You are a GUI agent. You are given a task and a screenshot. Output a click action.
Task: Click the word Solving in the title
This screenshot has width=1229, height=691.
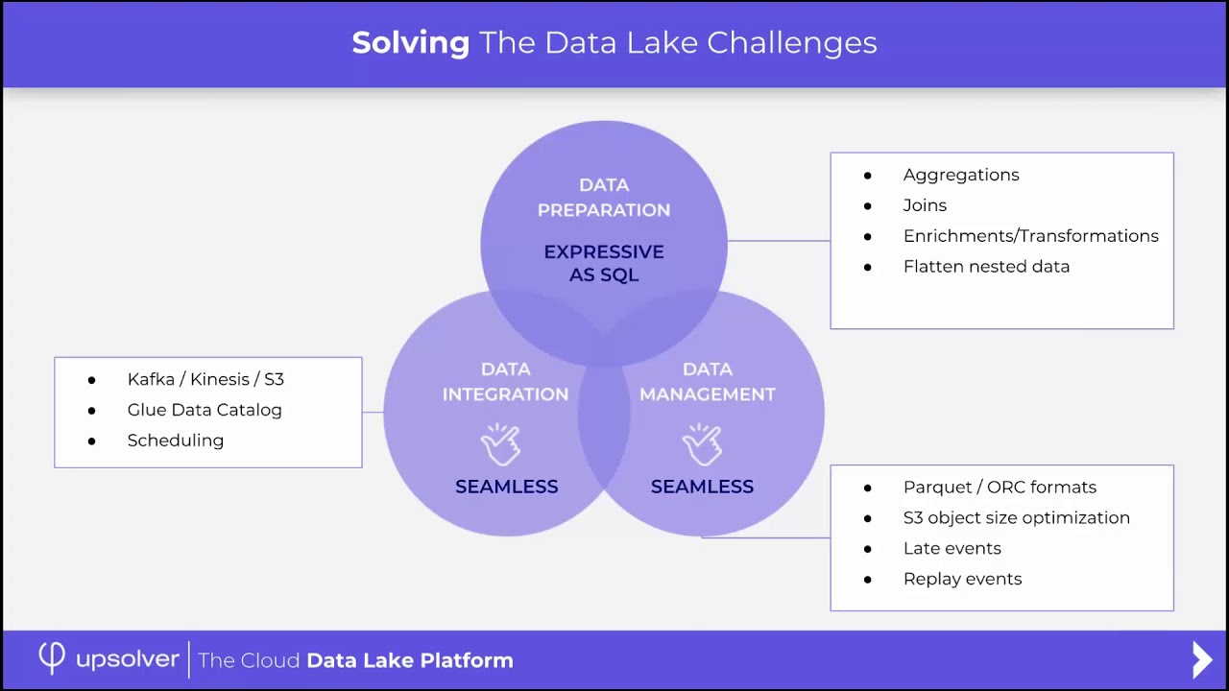point(410,43)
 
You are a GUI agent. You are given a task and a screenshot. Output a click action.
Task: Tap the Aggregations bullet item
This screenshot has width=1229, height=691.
point(960,175)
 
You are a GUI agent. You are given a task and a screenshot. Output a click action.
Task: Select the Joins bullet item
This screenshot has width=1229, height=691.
point(925,205)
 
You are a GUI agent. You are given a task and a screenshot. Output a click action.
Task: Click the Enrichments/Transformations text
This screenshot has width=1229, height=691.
point(1030,236)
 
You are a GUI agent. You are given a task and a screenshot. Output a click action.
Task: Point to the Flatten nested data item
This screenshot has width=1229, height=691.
point(986,267)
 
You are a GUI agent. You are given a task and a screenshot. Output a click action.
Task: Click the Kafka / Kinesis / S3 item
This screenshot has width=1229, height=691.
point(205,379)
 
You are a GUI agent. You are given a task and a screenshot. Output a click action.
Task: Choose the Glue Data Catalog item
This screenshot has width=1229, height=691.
point(205,410)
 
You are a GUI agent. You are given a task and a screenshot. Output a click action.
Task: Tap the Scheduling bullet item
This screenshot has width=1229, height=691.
point(175,441)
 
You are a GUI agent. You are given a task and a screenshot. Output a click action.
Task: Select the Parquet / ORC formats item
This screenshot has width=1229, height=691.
point(1000,488)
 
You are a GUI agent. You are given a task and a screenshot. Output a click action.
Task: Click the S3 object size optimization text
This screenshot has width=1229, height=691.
point(1016,518)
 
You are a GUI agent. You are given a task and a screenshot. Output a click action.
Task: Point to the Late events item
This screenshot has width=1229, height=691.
point(952,549)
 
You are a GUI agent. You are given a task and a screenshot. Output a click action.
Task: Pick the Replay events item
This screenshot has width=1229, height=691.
point(962,580)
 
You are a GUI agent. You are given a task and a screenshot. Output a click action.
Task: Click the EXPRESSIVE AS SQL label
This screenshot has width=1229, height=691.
point(604,263)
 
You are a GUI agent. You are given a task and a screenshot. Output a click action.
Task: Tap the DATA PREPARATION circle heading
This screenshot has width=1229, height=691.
point(604,197)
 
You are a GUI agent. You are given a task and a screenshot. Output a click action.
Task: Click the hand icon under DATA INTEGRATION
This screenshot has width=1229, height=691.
point(500,444)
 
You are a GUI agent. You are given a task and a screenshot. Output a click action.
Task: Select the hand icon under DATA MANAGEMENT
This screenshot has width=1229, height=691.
point(702,444)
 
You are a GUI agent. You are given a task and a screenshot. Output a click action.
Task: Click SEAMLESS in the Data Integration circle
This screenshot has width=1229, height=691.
point(506,487)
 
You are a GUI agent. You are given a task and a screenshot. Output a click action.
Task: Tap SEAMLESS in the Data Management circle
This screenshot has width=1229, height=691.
point(702,487)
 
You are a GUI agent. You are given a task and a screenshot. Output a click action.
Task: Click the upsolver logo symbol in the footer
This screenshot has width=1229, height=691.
point(52,658)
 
